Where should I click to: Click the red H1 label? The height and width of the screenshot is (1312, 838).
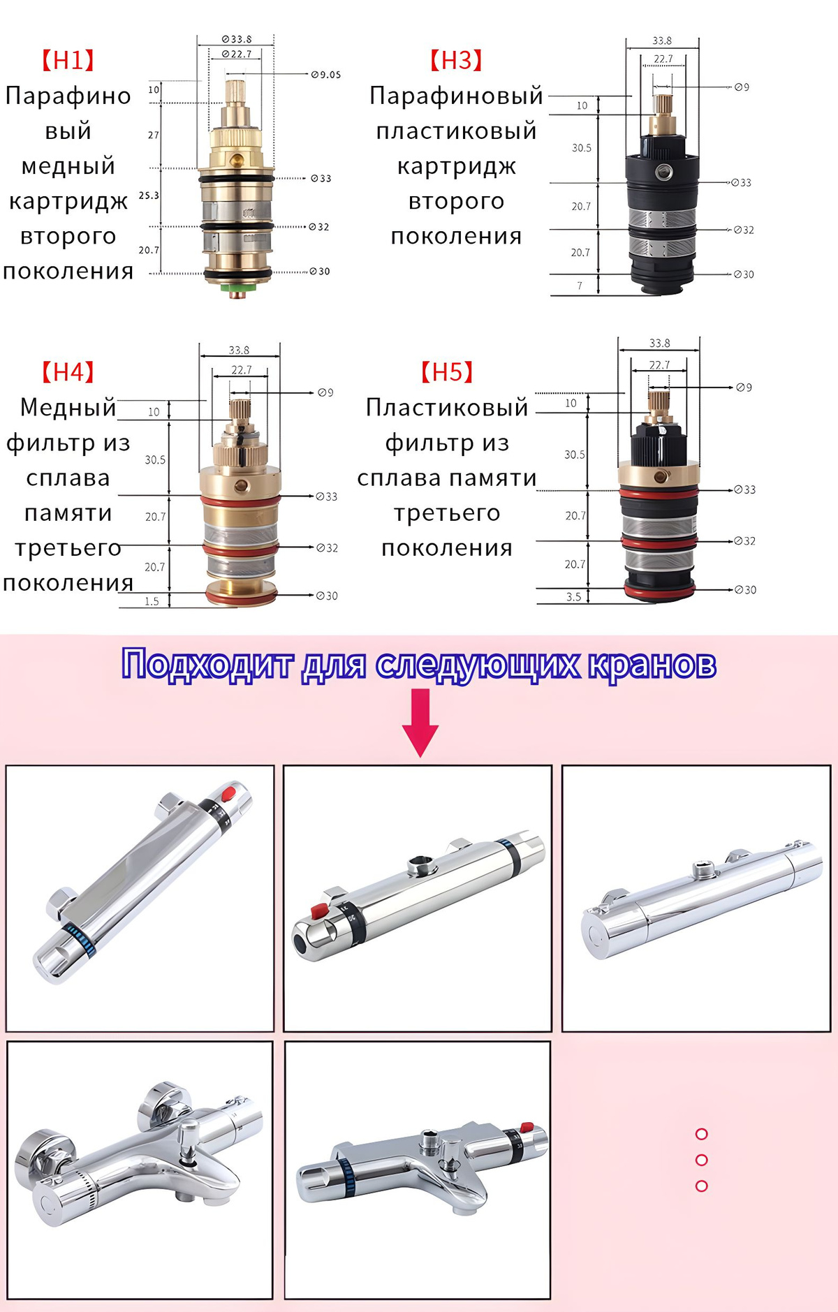[68, 61]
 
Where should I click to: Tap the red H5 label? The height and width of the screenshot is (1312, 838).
[447, 372]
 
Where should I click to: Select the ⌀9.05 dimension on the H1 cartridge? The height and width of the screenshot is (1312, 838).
[326, 75]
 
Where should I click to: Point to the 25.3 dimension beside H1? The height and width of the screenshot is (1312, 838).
[149, 196]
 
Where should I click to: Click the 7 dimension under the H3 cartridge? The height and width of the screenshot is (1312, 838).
[580, 286]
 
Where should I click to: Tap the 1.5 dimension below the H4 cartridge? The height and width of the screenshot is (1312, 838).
[152, 601]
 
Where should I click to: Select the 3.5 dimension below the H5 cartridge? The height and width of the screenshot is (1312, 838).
[573, 597]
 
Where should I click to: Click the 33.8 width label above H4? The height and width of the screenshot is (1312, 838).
[239, 350]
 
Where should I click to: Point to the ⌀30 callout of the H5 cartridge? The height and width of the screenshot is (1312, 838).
[745, 590]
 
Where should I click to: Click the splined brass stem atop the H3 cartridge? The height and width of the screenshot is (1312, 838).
[661, 105]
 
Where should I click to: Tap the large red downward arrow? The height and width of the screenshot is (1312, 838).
[420, 723]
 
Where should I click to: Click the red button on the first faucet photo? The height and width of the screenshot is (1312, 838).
[228, 795]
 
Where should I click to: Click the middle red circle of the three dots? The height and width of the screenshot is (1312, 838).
[702, 1160]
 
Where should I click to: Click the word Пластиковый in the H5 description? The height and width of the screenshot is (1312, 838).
[447, 407]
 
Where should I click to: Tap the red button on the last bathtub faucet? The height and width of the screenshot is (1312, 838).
[527, 1127]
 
